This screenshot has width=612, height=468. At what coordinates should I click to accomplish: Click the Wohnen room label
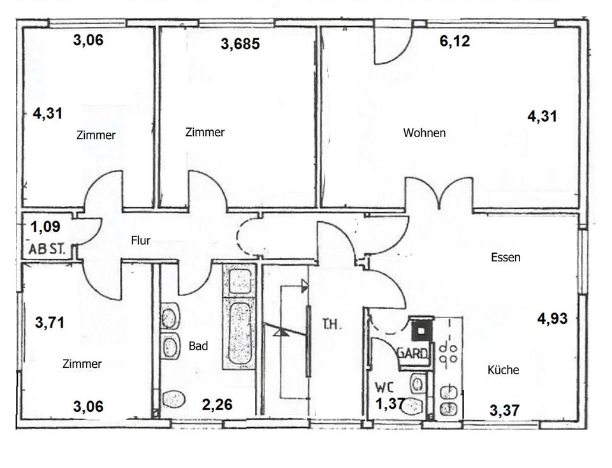(424, 133)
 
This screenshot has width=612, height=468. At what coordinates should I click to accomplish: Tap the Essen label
(506, 258)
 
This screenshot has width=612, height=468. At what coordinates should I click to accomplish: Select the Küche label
(503, 370)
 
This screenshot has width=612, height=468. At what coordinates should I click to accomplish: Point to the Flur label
(140, 240)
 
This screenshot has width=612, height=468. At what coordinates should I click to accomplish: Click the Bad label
(198, 346)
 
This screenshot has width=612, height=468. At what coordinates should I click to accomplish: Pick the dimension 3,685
(240, 45)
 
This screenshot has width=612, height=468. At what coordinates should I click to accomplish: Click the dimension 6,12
(455, 41)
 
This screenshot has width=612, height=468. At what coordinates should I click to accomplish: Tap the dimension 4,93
(552, 319)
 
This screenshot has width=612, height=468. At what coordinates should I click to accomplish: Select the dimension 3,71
(50, 323)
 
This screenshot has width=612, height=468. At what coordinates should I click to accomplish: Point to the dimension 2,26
(217, 404)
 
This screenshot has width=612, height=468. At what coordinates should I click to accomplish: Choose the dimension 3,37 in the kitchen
(504, 409)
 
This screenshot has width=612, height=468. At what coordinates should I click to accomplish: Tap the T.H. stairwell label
(331, 325)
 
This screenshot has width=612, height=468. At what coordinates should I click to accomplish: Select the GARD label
(413, 353)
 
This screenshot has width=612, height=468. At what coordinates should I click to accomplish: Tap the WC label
(384, 387)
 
